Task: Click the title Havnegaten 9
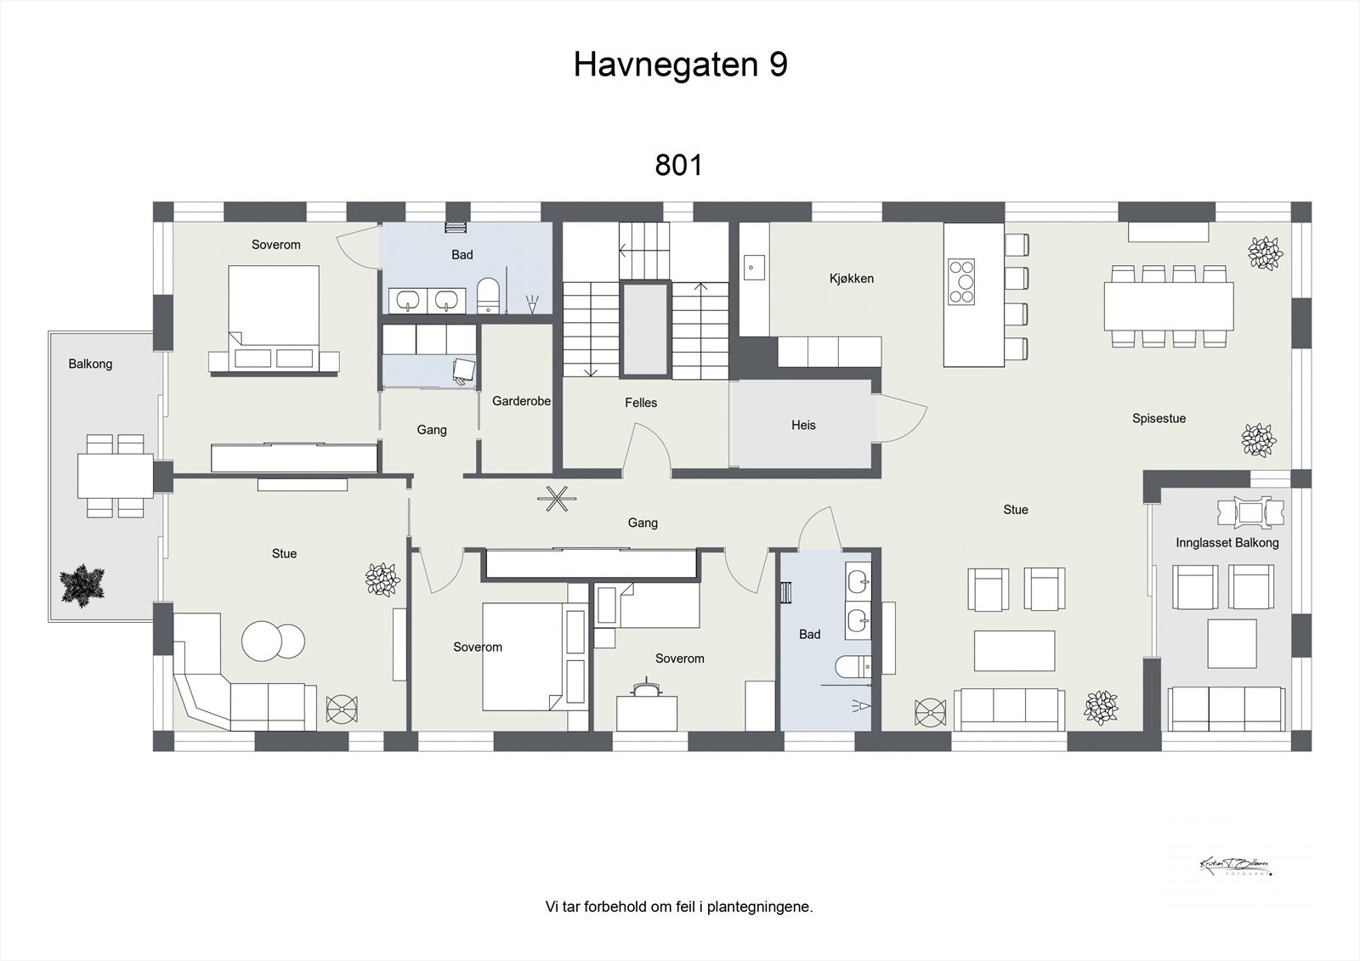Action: [x=680, y=65]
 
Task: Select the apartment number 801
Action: [x=678, y=165]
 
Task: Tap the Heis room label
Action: [x=803, y=425]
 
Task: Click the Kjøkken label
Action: [x=851, y=279]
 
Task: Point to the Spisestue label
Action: [x=1159, y=418]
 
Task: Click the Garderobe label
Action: [x=521, y=401]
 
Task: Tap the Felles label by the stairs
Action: [x=641, y=403]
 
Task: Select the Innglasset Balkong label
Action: [x=1227, y=542]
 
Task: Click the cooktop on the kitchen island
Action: [x=961, y=282]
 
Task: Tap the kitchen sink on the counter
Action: [x=751, y=269]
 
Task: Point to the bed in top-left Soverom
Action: [x=274, y=316]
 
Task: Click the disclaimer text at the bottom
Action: [x=678, y=907]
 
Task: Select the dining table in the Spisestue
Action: [x=1169, y=306]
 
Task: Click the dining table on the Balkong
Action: [x=115, y=476]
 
